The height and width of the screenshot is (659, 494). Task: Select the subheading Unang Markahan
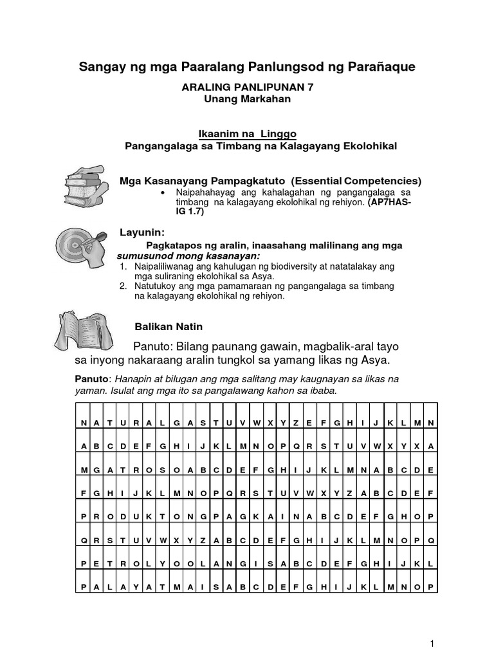click(247, 100)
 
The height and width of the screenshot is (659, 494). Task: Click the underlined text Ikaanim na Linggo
click(247, 134)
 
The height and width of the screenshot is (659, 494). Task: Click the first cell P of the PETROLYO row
click(84, 563)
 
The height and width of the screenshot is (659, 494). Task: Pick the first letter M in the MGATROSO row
click(84, 470)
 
